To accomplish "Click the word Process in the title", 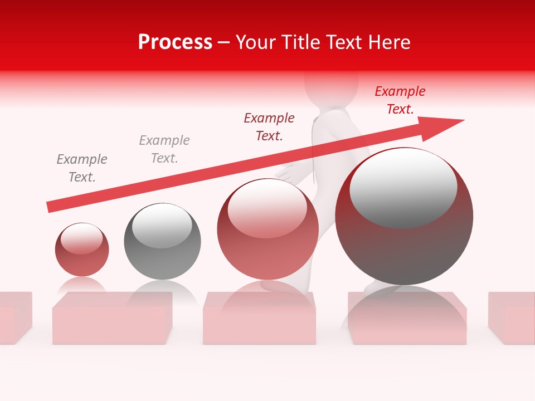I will tap(175, 42).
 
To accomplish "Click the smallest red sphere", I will tap(82, 250).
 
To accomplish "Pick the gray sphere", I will tap(162, 242).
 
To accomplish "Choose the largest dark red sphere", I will tap(404, 217).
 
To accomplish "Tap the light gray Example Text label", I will tap(164, 149).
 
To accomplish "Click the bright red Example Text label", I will tap(400, 100).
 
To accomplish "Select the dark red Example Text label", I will tap(269, 126).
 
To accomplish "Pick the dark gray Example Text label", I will tap(82, 168).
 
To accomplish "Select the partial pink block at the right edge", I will tap(511, 317).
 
